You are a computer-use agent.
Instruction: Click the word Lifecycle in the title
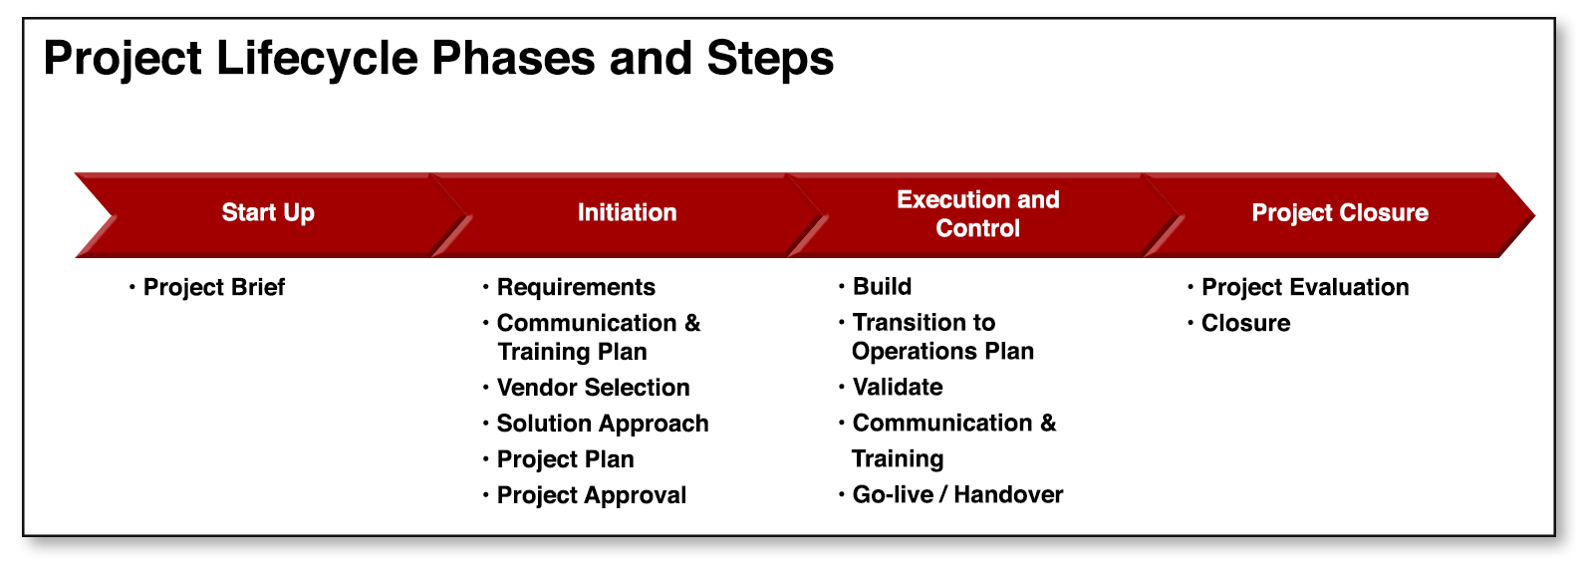(x=317, y=58)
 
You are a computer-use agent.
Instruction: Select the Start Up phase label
(x=268, y=212)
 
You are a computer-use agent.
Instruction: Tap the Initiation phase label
(x=627, y=212)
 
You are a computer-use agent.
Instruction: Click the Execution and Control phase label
(x=977, y=214)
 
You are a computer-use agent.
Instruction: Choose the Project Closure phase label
(x=1339, y=213)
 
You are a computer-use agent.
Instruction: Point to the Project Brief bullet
(x=213, y=287)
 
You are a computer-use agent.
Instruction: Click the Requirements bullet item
(x=576, y=287)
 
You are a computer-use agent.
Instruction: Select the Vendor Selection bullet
(x=593, y=387)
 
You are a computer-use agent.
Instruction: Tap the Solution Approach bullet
(x=603, y=424)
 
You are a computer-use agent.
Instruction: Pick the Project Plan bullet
(x=565, y=459)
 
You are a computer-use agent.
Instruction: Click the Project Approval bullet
(x=592, y=495)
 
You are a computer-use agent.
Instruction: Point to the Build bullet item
(x=882, y=286)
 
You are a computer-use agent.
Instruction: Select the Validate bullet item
(x=898, y=387)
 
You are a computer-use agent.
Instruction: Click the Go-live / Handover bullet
(x=957, y=494)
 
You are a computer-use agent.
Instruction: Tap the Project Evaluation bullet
(x=1305, y=287)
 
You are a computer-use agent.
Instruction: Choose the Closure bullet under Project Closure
(x=1245, y=323)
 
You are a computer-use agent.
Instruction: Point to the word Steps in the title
(x=770, y=58)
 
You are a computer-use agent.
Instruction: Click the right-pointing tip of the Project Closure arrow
(x=1534, y=215)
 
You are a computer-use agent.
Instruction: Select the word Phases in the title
(x=513, y=58)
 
